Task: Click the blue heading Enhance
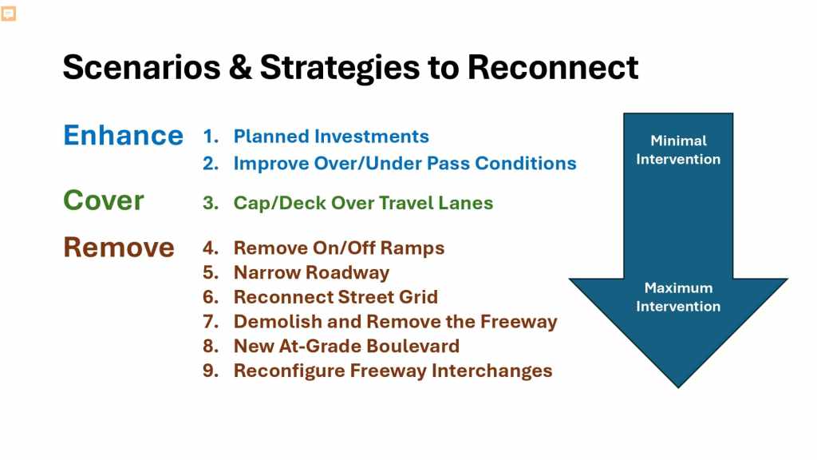(x=123, y=136)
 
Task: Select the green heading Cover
(x=103, y=200)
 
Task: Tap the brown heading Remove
(x=119, y=248)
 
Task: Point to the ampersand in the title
(x=240, y=67)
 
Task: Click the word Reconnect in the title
(x=553, y=67)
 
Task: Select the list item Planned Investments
(x=331, y=136)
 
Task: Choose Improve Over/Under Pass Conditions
(x=405, y=163)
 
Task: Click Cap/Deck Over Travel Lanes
(x=363, y=203)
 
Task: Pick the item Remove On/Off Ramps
(x=339, y=248)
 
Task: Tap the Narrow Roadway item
(x=312, y=272)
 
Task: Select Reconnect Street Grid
(x=336, y=297)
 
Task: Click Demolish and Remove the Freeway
(x=396, y=321)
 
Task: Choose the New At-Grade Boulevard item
(x=346, y=346)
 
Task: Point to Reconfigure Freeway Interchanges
(x=393, y=371)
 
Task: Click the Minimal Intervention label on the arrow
(x=678, y=149)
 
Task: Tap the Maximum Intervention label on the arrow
(x=678, y=297)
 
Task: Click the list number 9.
(x=211, y=371)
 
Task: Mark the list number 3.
(x=211, y=203)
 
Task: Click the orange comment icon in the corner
(x=8, y=13)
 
